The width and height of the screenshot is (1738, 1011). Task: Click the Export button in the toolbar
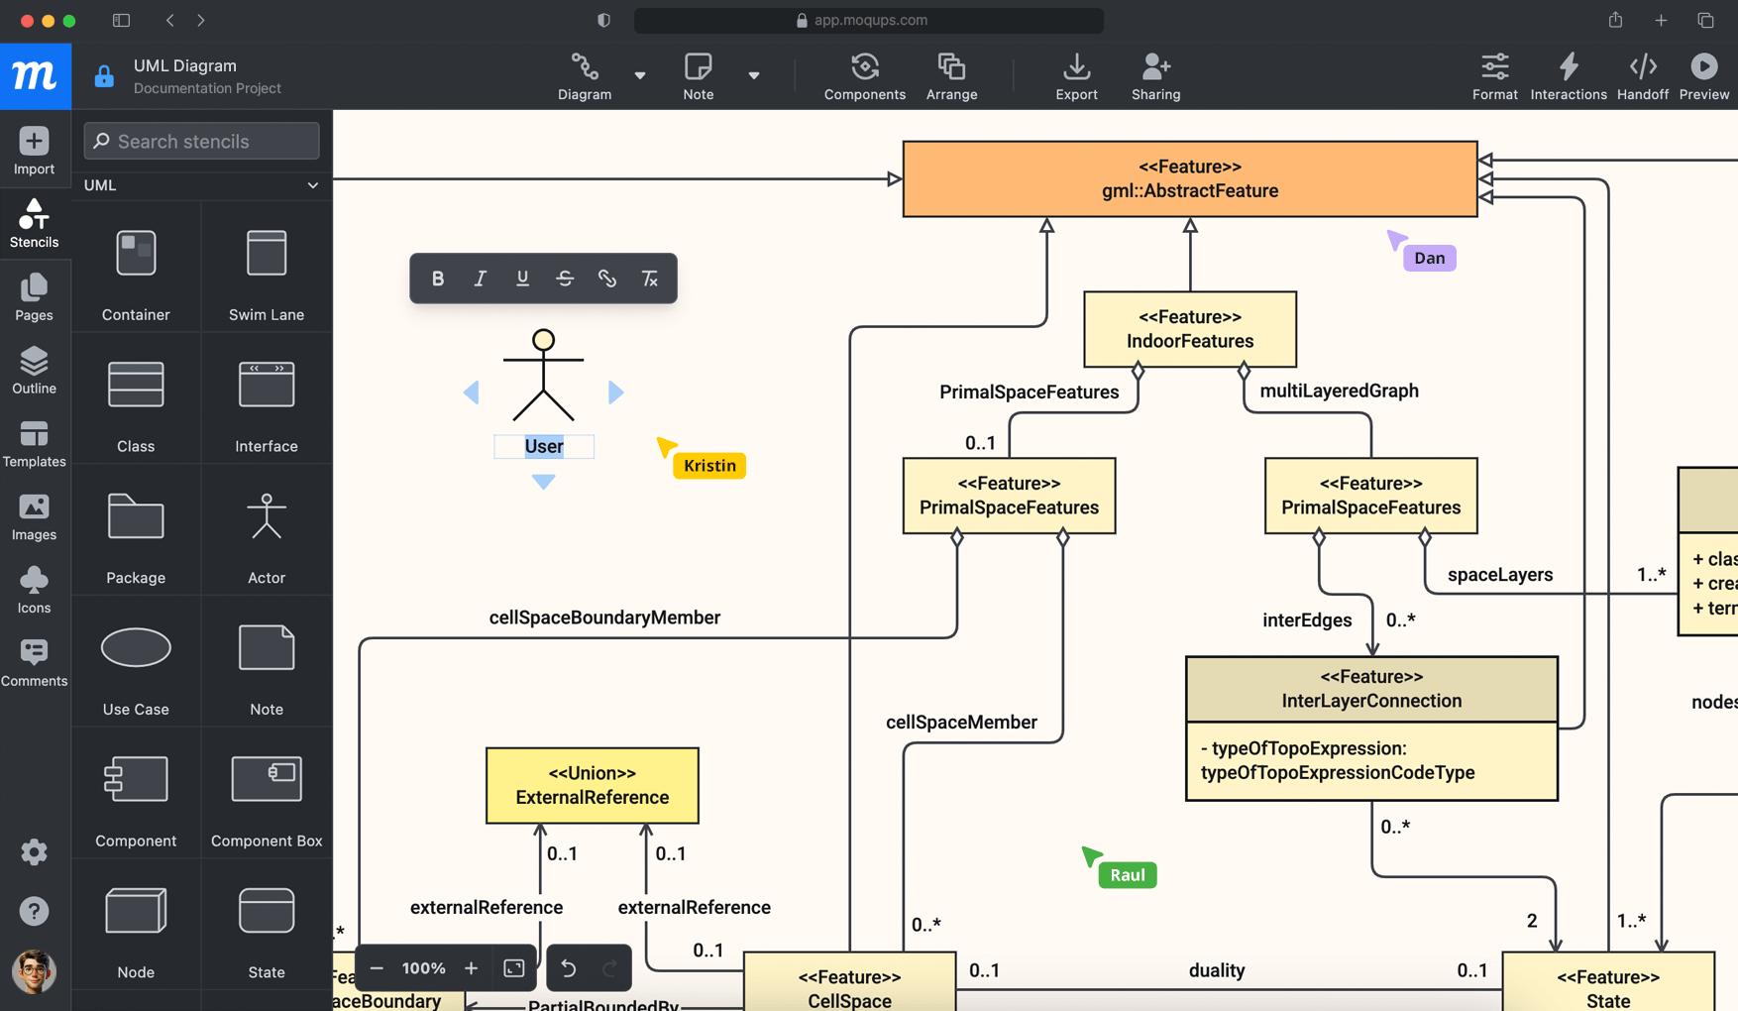click(x=1076, y=76)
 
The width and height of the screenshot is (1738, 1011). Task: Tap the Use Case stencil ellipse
click(x=136, y=648)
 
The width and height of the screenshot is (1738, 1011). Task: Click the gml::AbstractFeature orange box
click(x=1189, y=178)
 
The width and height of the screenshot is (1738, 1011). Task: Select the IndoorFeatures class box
click(x=1189, y=329)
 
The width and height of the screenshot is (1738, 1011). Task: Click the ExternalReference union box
click(x=592, y=785)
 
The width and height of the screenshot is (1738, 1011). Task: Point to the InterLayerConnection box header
click(x=1370, y=689)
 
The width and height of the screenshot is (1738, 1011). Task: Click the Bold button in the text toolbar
click(x=438, y=279)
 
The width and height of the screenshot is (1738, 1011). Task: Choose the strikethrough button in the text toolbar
click(x=565, y=279)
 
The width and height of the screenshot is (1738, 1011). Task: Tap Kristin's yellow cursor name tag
click(x=709, y=466)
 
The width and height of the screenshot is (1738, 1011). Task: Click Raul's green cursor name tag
click(x=1128, y=875)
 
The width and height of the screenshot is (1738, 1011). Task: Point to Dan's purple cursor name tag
click(x=1429, y=258)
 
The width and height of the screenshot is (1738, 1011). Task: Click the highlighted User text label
click(x=544, y=447)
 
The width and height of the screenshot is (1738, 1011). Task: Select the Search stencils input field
click(x=202, y=141)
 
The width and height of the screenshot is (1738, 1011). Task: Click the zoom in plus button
click(x=471, y=968)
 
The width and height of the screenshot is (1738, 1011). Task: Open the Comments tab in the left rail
click(x=34, y=662)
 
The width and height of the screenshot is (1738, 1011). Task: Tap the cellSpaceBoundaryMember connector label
click(x=604, y=618)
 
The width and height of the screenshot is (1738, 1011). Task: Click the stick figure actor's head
click(x=543, y=341)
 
